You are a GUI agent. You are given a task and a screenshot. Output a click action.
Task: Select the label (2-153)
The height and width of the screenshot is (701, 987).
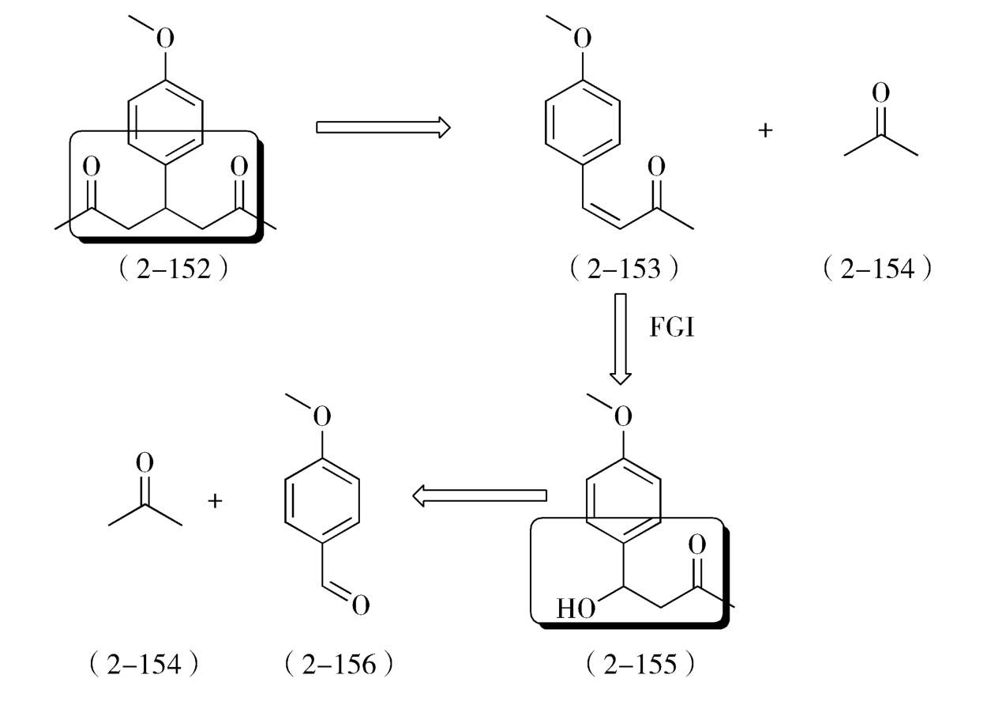(624, 269)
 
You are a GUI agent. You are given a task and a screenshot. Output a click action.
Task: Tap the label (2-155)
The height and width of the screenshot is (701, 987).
(640, 664)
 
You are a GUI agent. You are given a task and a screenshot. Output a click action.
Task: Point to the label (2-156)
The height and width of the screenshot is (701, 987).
(338, 664)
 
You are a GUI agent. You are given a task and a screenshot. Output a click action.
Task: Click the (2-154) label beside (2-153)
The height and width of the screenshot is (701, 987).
(876, 269)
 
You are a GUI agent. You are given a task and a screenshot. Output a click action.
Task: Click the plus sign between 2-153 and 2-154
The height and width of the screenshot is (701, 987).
(764, 130)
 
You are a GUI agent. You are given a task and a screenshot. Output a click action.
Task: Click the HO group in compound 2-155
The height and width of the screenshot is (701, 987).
(576, 609)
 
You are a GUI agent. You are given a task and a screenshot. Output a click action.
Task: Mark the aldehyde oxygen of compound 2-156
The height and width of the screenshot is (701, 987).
(360, 606)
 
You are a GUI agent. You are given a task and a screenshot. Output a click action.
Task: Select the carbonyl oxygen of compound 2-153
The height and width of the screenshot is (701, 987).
(656, 167)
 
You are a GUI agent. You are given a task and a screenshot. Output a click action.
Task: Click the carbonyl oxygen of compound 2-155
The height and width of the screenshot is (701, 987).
(696, 545)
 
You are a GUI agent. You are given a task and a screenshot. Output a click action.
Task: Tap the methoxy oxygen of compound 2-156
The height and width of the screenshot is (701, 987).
(321, 416)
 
